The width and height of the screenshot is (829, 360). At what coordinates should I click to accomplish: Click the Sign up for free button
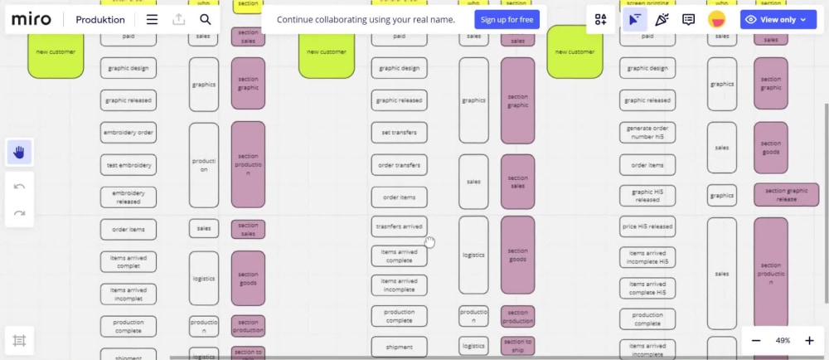point(507,19)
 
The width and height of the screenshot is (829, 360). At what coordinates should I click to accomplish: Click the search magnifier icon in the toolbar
point(206,20)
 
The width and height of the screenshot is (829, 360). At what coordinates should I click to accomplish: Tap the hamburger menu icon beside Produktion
point(152,20)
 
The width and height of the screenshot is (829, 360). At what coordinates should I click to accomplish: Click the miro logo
point(32,20)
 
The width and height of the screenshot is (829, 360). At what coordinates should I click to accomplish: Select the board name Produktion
point(100,20)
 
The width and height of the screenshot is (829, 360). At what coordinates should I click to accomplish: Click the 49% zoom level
point(783,341)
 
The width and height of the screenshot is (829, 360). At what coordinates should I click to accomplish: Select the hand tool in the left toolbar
point(20,151)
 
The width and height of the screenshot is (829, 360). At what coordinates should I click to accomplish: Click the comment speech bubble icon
point(688,20)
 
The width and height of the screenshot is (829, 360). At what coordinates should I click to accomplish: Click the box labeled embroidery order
point(128,133)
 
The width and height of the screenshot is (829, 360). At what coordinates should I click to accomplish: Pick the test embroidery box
point(128,165)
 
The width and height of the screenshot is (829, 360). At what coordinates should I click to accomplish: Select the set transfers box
point(399,133)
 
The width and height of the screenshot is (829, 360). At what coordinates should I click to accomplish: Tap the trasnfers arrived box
point(399,226)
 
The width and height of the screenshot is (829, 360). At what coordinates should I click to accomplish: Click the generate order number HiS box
point(647,133)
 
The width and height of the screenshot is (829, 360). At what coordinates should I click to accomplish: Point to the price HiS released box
point(647,226)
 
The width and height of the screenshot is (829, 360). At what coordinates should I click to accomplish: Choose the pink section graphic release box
point(786,195)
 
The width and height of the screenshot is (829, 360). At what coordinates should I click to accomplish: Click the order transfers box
point(399,165)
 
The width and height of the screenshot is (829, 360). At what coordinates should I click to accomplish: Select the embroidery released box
point(128,197)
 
